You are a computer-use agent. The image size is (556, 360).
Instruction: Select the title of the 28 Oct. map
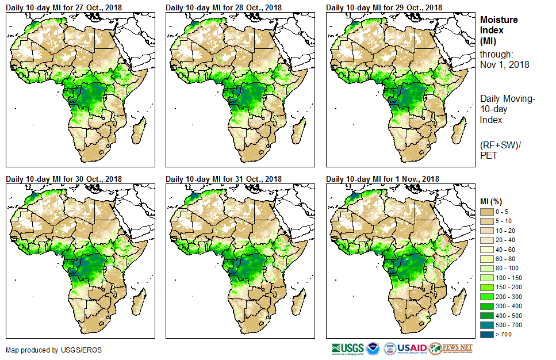[224, 7]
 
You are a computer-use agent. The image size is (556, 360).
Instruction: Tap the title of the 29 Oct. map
[384, 7]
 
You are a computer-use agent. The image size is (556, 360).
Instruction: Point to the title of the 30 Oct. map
[64, 179]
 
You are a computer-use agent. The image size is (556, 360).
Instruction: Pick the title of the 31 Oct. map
[224, 179]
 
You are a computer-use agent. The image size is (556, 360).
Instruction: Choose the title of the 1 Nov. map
[383, 179]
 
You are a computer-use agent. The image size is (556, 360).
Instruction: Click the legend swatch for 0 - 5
[488, 212]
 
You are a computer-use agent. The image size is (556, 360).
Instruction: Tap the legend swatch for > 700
[488, 334]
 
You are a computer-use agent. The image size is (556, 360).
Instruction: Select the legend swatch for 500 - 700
[488, 324]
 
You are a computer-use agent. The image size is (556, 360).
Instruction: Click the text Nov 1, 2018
[505, 64]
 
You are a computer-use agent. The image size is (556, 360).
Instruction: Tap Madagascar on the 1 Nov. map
[458, 302]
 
